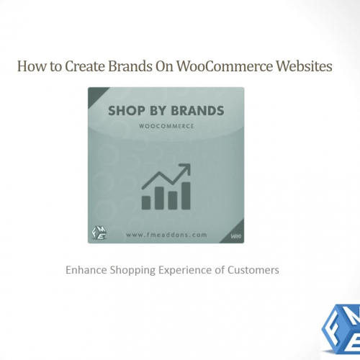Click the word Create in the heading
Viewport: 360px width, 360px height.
(84, 68)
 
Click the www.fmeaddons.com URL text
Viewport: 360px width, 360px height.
(166, 233)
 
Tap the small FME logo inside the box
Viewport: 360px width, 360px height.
(99, 233)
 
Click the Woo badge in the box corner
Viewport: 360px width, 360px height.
(235, 235)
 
